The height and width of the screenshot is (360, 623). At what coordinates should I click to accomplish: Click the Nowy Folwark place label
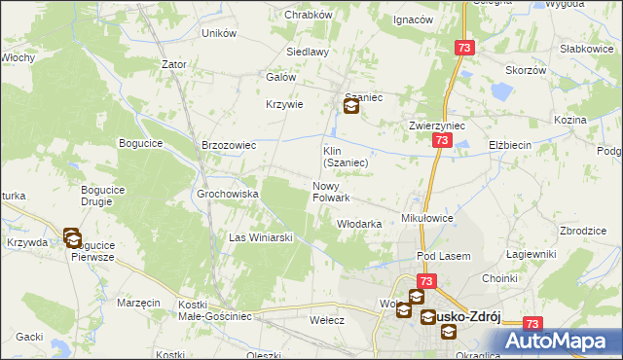[331, 192]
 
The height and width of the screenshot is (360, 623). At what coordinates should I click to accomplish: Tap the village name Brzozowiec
[228, 145]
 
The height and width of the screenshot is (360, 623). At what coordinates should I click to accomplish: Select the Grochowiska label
[228, 194]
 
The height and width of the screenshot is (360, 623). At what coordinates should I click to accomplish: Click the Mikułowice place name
[427, 219]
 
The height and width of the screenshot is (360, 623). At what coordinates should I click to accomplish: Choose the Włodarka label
[358, 223]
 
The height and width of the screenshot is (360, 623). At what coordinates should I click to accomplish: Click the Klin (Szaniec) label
[345, 157]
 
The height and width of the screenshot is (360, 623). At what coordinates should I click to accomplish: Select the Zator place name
[174, 64]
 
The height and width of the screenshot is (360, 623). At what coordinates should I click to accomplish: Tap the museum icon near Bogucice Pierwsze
[73, 236]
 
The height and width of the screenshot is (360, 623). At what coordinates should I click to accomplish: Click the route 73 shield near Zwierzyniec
[442, 141]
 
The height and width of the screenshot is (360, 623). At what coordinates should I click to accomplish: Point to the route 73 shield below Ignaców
[464, 48]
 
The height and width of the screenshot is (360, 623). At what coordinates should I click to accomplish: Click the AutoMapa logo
[560, 341]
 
